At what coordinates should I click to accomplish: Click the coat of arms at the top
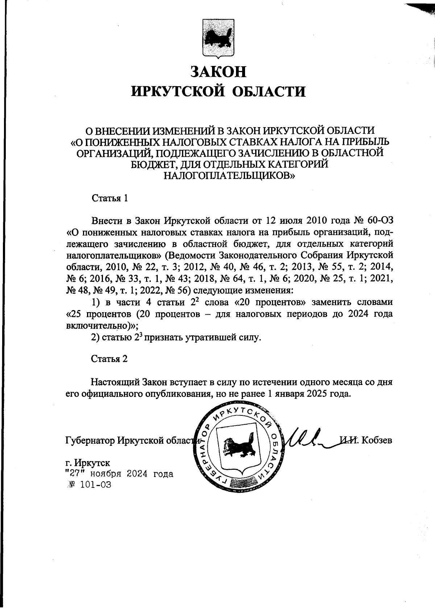[x=218, y=39]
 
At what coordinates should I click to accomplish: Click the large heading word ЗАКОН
[x=218, y=72]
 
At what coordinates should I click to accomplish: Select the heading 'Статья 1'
[x=110, y=198]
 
